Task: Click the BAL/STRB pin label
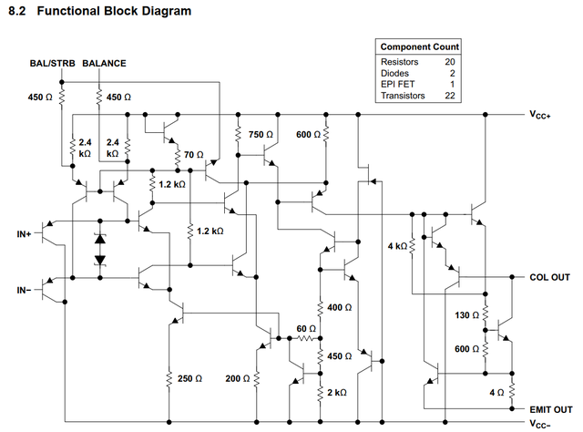(x=52, y=64)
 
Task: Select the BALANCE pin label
(x=104, y=64)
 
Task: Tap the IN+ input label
(x=24, y=234)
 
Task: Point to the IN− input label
(x=24, y=289)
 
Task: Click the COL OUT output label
(x=549, y=277)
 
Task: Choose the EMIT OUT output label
(x=551, y=409)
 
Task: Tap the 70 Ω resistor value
(x=193, y=156)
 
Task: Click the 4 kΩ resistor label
(x=396, y=246)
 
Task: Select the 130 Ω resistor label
(x=465, y=315)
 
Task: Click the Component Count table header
(x=419, y=46)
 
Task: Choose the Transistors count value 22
(x=449, y=96)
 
